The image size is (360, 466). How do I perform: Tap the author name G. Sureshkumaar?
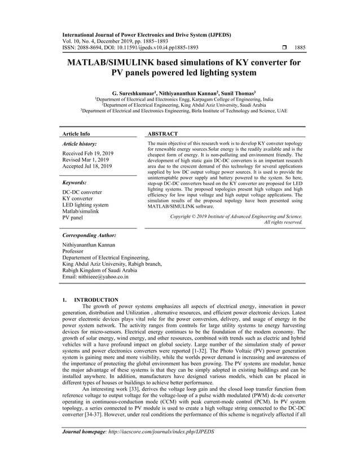(132, 92)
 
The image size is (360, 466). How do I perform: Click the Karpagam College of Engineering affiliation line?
(183, 98)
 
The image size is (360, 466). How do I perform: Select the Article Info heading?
(76, 134)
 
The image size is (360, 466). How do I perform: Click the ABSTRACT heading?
(163, 134)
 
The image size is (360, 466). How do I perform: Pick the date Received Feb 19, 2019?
(88, 153)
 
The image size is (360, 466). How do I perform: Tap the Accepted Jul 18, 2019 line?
(87, 166)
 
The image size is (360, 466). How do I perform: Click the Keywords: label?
(74, 183)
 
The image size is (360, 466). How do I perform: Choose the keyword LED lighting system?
(85, 205)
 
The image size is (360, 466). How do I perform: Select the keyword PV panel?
(72, 217)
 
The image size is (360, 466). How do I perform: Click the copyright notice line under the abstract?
(236, 216)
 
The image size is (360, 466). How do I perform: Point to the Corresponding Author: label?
(89, 235)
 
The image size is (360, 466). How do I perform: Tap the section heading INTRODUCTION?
(96, 300)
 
